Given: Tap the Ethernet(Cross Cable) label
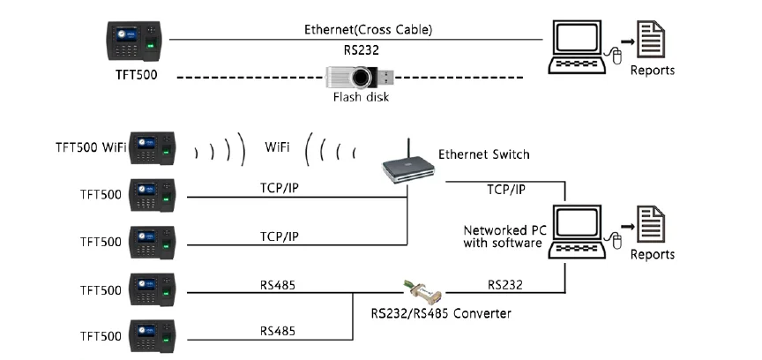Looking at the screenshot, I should click(x=356, y=29).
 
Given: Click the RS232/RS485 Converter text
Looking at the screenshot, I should click(x=439, y=312).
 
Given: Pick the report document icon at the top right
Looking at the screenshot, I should click(x=651, y=40).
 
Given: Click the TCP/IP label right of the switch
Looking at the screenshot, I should click(x=506, y=190).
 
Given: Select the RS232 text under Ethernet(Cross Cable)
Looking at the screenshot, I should click(x=355, y=51).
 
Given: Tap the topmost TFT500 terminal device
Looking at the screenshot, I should click(x=134, y=41).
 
